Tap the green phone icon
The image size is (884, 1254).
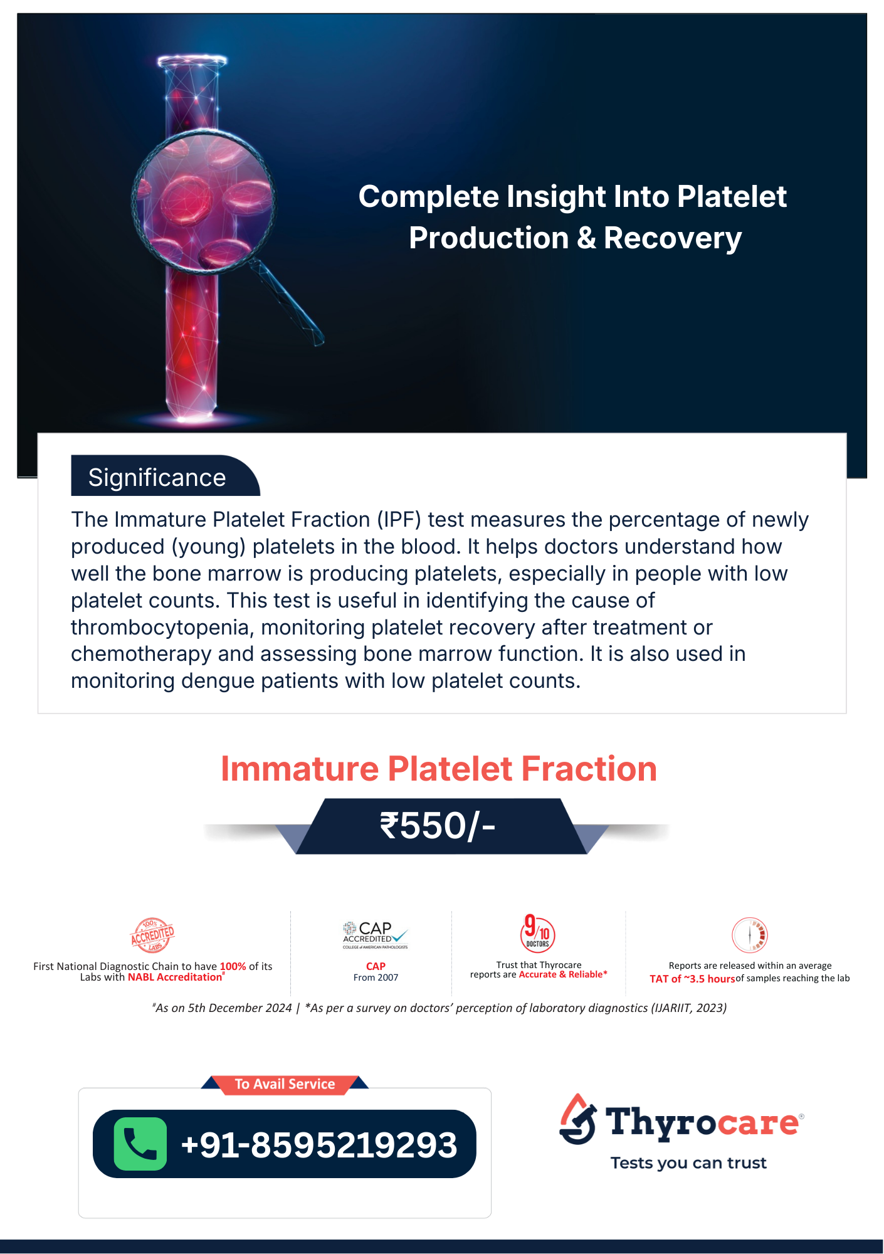[140, 1144]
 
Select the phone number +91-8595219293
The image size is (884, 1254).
[319, 1145]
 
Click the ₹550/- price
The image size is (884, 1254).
[438, 825]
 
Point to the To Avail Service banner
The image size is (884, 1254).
[285, 1084]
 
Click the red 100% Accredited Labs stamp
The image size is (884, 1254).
[152, 934]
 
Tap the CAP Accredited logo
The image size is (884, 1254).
[375, 935]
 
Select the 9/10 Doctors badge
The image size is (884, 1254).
[537, 933]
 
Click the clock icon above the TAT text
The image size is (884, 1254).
[750, 935]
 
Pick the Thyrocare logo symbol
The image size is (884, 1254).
[577, 1119]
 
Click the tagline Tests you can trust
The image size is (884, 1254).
[688, 1163]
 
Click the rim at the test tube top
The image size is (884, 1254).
[192, 61]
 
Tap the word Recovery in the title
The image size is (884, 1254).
[673, 238]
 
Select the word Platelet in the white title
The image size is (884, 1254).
[732, 196]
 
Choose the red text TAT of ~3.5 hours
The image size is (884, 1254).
[692, 979]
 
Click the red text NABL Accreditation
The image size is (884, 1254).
[175, 977]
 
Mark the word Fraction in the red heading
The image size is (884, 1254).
[589, 769]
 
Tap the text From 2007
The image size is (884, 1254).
[376, 977]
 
